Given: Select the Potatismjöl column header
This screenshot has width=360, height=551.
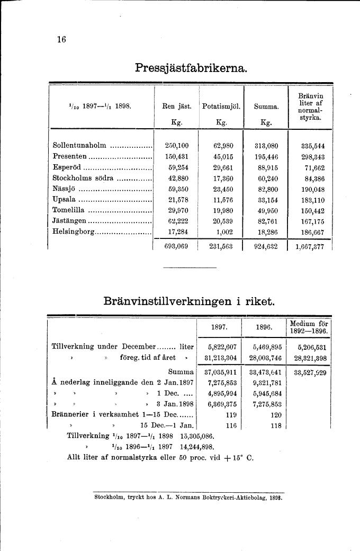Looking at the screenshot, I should click(221, 106).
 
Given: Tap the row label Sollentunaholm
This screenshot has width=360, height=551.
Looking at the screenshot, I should click(80, 145).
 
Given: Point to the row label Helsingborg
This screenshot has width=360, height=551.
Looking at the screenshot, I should click(74, 232).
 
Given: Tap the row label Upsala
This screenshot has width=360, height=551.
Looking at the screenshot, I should click(65, 200).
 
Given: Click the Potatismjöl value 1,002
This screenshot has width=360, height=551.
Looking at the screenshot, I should click(226, 232).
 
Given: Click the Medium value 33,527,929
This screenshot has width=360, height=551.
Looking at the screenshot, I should click(310, 371).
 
